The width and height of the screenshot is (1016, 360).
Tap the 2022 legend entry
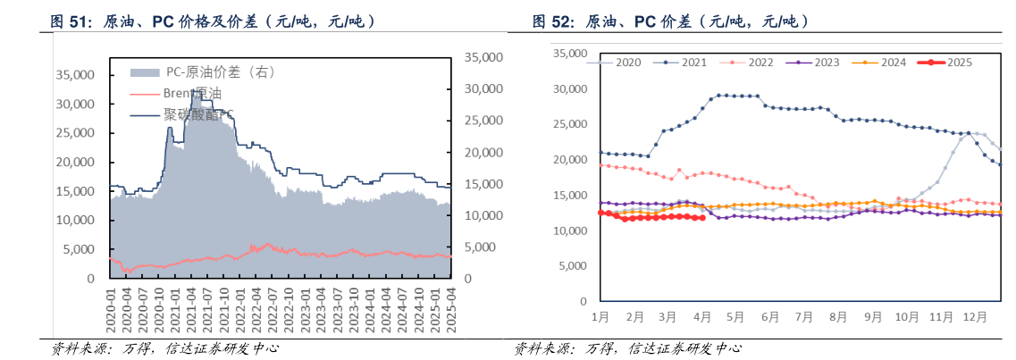point(751,63)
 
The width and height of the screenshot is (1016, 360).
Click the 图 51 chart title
point(211,20)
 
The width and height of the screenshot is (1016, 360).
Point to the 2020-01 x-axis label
point(112,309)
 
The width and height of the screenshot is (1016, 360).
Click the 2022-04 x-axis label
point(255,309)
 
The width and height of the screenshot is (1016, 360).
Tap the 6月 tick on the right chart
point(768,316)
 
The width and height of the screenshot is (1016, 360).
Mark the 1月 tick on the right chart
point(600,316)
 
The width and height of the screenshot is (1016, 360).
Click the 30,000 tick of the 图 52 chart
point(569,89)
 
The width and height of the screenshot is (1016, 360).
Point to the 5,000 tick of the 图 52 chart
point(573,266)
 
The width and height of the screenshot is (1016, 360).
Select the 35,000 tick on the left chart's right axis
point(486,57)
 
